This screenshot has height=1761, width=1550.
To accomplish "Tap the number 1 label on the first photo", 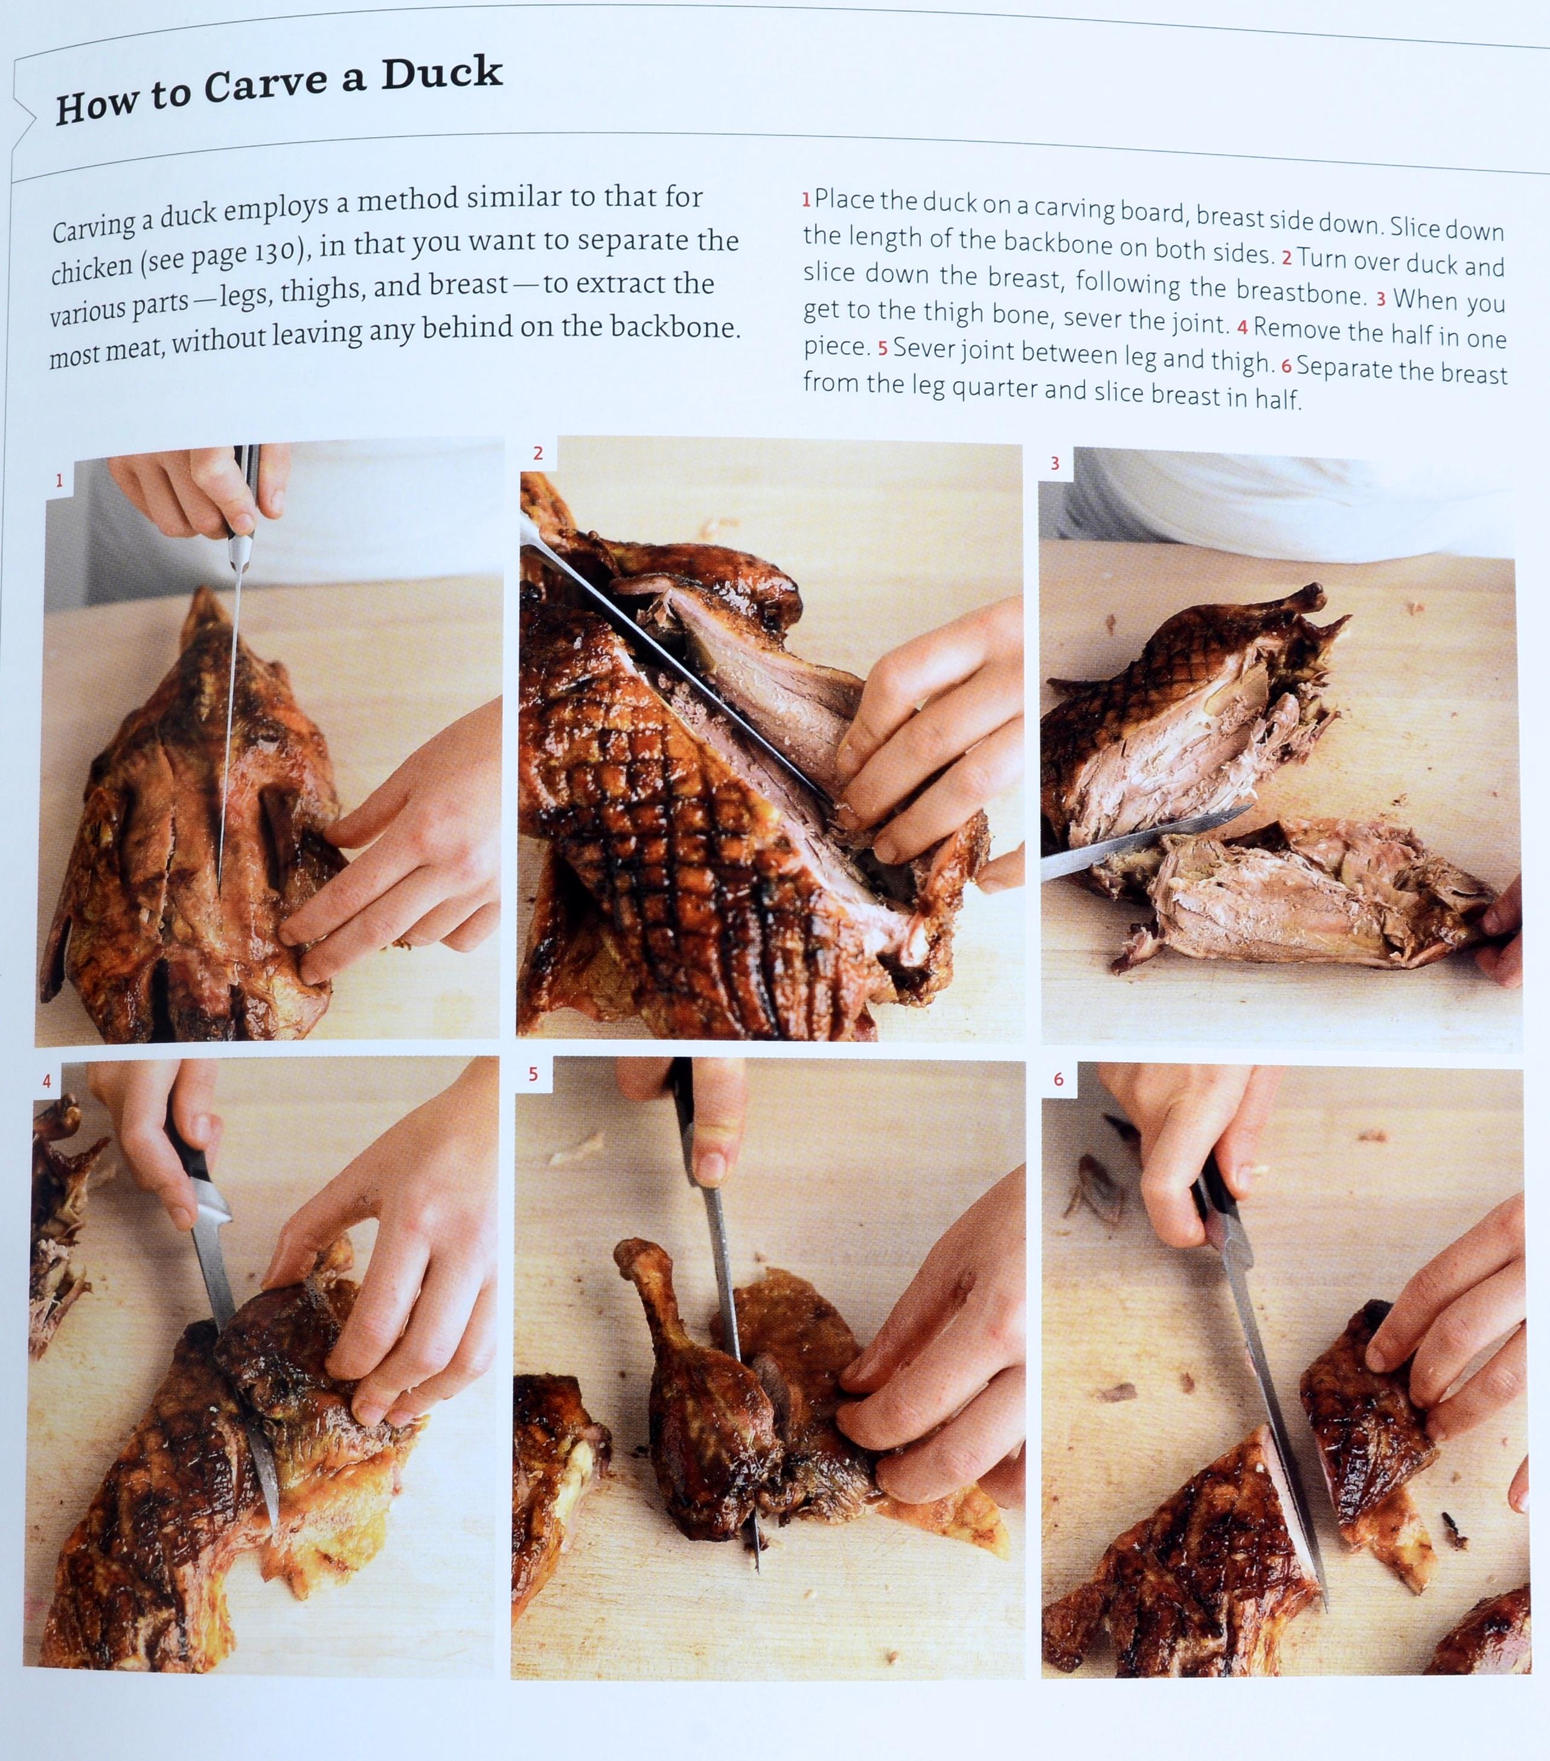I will click(59, 481).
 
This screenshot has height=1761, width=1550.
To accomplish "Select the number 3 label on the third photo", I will click(1055, 464).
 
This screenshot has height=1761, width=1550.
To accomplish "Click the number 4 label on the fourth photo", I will click(46, 1081).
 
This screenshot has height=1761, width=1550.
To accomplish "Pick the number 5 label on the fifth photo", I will click(533, 1074).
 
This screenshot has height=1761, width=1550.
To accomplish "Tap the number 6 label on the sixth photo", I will click(1058, 1080).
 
